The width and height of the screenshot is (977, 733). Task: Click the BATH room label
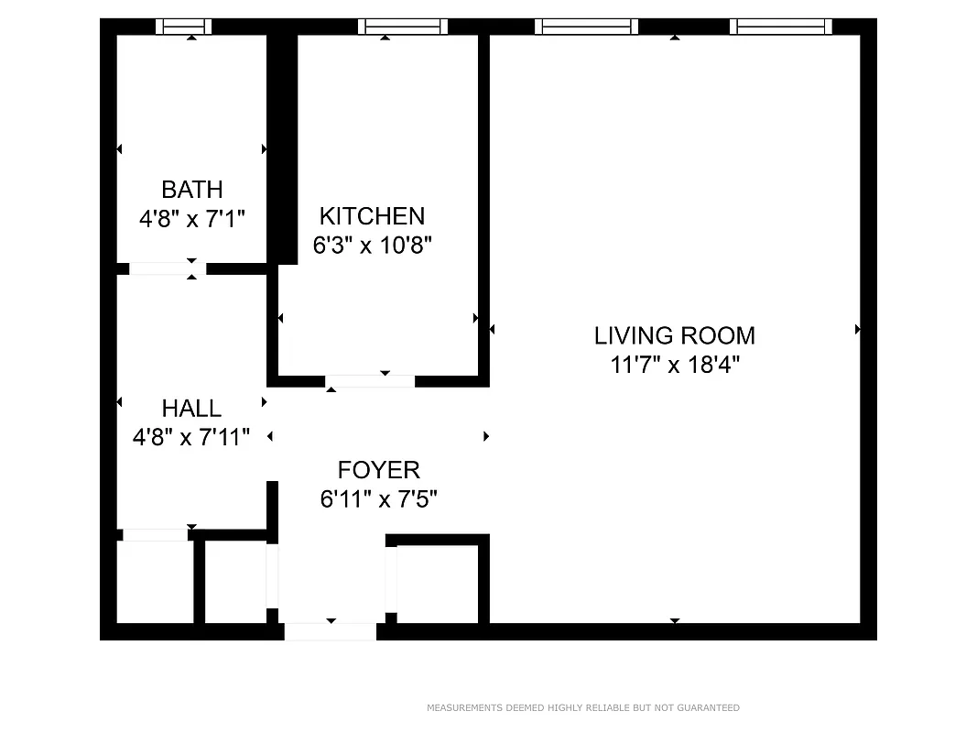[x=192, y=190]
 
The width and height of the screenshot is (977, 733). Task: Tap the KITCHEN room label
[x=372, y=216]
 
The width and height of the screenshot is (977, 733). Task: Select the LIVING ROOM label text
[x=674, y=336]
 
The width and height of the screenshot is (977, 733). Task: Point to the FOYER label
[x=378, y=470]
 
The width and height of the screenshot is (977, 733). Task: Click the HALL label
[x=191, y=409]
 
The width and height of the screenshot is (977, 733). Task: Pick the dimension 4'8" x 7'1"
[x=192, y=219]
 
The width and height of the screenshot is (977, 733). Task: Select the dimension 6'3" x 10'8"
[x=372, y=245]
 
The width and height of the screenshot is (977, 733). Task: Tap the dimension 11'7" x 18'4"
[x=674, y=365]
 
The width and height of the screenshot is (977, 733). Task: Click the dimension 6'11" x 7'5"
[x=378, y=498]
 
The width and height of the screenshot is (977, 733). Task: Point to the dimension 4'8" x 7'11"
[x=191, y=437]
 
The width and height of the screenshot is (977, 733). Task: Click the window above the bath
[x=184, y=27]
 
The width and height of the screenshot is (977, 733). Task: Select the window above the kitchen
[x=403, y=27]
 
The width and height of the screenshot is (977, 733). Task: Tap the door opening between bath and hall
[x=168, y=268]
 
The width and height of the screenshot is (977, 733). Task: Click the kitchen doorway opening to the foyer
[x=370, y=381]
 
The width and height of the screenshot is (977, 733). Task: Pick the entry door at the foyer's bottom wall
[x=331, y=631]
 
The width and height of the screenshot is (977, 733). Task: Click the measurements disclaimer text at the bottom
[x=583, y=707]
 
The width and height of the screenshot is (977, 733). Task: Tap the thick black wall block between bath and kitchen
[x=282, y=149]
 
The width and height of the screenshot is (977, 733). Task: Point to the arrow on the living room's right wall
[x=857, y=329]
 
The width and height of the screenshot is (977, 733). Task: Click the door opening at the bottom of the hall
[x=155, y=535]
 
